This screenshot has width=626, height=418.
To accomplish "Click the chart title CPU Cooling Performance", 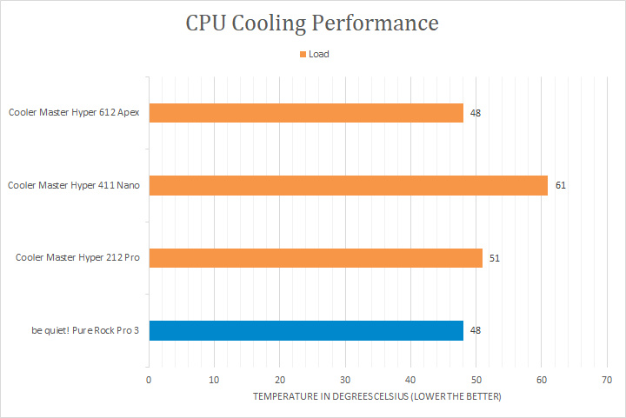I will (x=312, y=23).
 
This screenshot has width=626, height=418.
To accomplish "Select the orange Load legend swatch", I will (x=303, y=54).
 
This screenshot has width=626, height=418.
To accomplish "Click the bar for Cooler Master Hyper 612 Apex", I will (x=306, y=113).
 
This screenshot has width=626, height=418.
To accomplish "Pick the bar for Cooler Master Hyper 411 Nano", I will (x=349, y=185).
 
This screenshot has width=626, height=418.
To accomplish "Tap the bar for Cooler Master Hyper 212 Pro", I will (x=316, y=257).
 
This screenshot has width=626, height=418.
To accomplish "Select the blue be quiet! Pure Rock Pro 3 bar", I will (x=306, y=330).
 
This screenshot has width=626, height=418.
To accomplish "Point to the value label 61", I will (x=561, y=185).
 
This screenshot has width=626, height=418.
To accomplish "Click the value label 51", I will (x=495, y=258).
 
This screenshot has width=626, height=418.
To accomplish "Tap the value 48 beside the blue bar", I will (x=476, y=330).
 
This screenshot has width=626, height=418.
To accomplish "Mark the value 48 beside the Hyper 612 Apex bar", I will (x=476, y=113).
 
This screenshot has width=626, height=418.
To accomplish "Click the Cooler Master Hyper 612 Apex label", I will (x=75, y=112).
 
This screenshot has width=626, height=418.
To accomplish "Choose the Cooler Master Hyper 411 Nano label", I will (x=75, y=185).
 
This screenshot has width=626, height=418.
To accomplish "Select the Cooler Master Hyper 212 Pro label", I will (x=78, y=257).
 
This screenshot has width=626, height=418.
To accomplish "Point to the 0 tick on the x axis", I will (x=149, y=380).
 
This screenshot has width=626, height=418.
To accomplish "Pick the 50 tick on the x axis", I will (x=476, y=380).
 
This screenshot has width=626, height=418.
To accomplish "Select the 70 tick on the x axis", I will (x=607, y=380).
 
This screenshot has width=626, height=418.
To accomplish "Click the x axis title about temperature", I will (x=377, y=396).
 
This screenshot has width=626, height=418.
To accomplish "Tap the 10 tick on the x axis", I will (x=214, y=380).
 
